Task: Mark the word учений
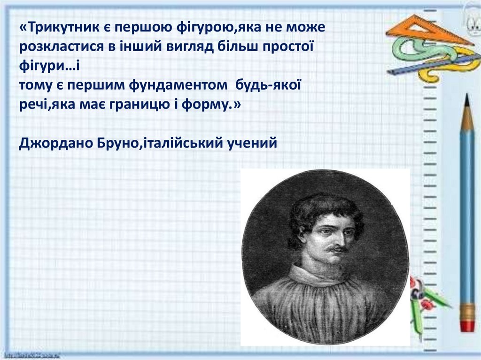[252, 143]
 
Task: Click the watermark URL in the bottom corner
[32, 356]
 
